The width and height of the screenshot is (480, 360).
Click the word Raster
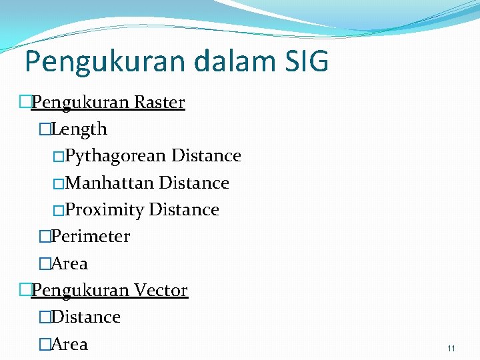(x=159, y=103)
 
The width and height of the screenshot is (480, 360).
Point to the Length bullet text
(x=79, y=129)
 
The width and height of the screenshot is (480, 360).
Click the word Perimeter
(x=90, y=237)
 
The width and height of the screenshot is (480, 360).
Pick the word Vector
(x=161, y=291)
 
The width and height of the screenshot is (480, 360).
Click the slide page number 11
(x=451, y=349)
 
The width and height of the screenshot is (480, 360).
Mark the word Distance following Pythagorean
(x=206, y=156)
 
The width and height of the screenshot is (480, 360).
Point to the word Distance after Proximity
(x=184, y=210)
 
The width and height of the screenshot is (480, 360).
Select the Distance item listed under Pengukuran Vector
(x=85, y=317)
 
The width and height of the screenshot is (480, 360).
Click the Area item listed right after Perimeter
(x=69, y=264)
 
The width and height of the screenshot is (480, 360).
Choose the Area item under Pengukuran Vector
(x=69, y=345)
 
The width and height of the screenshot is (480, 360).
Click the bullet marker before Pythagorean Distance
(x=58, y=157)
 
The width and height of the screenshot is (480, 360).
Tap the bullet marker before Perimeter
(x=45, y=237)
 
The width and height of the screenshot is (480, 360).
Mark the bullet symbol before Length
(x=45, y=129)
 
